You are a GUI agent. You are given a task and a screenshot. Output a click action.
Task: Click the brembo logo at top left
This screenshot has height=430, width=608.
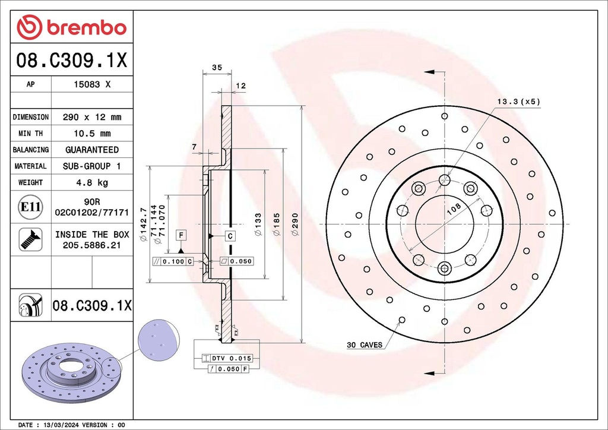71,27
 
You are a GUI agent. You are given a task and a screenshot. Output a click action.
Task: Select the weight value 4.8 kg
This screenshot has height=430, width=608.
91,182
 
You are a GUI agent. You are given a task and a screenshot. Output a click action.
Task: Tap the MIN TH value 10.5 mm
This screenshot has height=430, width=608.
91,134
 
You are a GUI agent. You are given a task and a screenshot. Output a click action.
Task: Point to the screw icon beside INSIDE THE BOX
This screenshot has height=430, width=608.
30,239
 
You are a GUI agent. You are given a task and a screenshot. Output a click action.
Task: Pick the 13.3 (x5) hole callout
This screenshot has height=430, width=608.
518,102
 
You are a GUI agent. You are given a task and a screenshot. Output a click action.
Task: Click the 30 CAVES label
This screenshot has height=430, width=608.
365,344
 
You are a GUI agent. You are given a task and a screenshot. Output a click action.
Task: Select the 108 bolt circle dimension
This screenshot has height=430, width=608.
453,209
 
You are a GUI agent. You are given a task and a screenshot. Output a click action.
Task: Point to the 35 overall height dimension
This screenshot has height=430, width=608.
217,68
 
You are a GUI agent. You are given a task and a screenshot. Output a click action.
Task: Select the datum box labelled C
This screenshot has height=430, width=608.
230,236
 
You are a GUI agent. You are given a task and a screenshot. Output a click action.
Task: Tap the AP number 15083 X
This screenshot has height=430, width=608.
91,84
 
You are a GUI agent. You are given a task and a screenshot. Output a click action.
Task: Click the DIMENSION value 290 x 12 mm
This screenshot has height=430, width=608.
91,117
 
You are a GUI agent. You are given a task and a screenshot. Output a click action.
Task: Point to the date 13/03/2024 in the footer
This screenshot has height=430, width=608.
62,425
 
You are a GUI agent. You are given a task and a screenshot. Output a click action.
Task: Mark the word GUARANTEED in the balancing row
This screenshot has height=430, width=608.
91,150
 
